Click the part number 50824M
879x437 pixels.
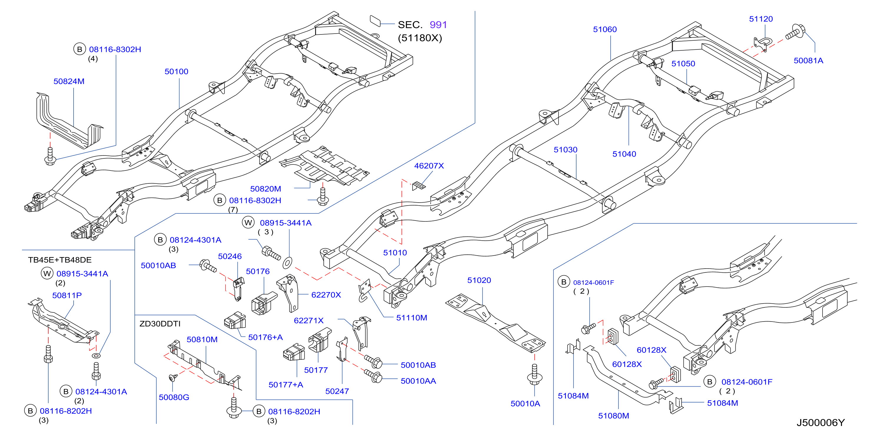69,81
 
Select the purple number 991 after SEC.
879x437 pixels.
438,24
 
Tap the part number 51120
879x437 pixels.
761,19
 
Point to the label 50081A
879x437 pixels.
808,60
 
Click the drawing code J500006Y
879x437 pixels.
821,423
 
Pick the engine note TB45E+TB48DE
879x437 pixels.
60,260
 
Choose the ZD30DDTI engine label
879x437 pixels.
160,324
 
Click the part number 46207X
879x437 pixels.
429,165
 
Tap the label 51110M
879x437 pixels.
411,317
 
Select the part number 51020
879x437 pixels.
479,280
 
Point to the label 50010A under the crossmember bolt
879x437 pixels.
525,403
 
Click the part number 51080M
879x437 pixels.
614,416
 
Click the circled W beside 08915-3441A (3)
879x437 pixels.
248,223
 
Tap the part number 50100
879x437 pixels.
176,71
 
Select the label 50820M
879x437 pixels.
265,189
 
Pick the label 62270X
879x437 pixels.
326,295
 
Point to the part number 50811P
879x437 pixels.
67,295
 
